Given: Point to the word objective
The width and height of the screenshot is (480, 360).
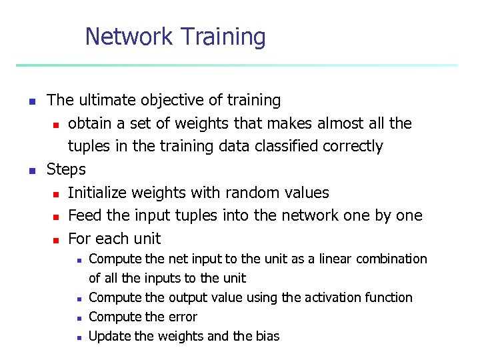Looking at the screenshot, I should pyautogui.click(x=170, y=101).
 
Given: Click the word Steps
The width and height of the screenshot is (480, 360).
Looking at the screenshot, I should pyautogui.click(x=66, y=169).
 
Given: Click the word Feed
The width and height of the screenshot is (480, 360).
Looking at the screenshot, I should pyautogui.click(x=83, y=215).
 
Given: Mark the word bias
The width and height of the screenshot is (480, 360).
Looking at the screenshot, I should pyautogui.click(x=267, y=336).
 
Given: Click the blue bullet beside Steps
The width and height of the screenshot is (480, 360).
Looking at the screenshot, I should pyautogui.click(x=31, y=171).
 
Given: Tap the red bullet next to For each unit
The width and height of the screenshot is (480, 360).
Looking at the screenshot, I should pyautogui.click(x=56, y=239).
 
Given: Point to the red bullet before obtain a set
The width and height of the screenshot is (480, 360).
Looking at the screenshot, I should pyautogui.click(x=56, y=125).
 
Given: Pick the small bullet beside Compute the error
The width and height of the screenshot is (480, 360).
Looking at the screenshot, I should pyautogui.click(x=79, y=318).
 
